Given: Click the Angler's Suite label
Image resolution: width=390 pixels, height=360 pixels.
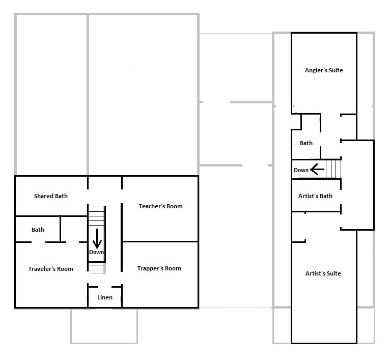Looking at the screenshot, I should pyautogui.click(x=323, y=70).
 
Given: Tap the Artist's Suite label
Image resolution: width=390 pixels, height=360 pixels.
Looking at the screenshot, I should pyautogui.click(x=323, y=273).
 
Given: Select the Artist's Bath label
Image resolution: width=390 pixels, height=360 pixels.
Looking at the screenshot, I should pyautogui.click(x=315, y=196).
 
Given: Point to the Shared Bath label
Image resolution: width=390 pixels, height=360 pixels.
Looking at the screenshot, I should pyautogui.click(x=50, y=196).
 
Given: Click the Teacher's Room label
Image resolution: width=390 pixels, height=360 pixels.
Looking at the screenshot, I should pyautogui.click(x=160, y=206).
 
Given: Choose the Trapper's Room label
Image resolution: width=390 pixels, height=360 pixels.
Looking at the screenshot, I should pyautogui.click(x=159, y=268).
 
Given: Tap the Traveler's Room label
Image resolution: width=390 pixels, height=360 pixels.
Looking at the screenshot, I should pyautogui.click(x=50, y=269).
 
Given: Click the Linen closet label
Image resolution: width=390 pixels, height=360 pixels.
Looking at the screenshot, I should pyautogui.click(x=104, y=297).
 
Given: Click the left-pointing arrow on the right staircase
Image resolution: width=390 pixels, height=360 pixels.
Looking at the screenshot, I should pyautogui.click(x=318, y=169).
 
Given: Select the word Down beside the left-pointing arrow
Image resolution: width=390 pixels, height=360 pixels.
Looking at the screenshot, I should pyautogui.click(x=301, y=170).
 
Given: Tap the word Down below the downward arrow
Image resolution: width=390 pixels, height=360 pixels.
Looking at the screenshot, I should pyautogui.click(x=96, y=252).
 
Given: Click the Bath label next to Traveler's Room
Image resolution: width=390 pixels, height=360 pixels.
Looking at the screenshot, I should pyautogui.click(x=38, y=230).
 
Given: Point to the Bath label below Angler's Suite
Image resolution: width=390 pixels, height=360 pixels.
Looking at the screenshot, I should pyautogui.click(x=306, y=143).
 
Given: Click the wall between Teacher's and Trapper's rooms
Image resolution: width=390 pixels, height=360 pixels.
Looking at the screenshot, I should pyautogui.click(x=160, y=241).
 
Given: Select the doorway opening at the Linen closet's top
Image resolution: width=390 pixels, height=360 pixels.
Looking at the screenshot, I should pyautogui.click(x=104, y=287).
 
